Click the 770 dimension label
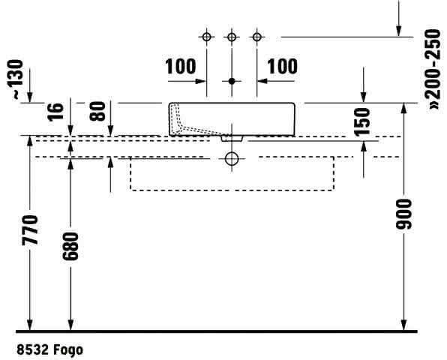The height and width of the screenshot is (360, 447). point(30,230)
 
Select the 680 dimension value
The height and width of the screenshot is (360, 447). point(70,246)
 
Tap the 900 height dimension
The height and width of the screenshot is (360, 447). point(404,214)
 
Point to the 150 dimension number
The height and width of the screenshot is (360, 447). point(361,121)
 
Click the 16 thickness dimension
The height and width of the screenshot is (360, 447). point(55,112)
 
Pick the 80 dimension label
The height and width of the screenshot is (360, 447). point(97,111)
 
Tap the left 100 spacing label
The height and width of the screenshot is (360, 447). point(181,67)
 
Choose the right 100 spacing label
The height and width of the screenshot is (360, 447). point(282,67)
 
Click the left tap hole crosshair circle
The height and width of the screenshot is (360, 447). point(206,37)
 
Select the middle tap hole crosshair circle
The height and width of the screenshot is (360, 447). point(232,37)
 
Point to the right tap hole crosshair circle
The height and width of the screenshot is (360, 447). point(256,37)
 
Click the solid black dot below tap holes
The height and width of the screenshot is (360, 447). point(232,81)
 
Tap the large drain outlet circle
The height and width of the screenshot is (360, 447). point(232,158)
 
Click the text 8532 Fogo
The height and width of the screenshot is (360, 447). point(50,349)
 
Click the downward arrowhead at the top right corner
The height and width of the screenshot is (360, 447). point(399,31)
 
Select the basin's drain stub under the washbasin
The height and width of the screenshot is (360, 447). point(232,138)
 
